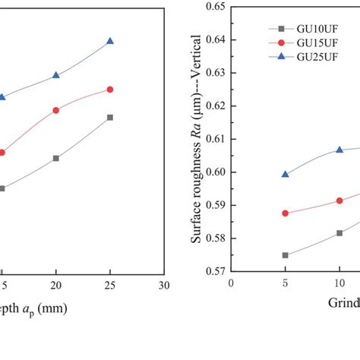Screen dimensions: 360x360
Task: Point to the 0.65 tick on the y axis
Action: pyautogui.click(x=214, y=7)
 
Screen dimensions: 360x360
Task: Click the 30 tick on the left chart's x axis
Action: pyautogui.click(x=164, y=286)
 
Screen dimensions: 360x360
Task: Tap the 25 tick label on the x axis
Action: pyautogui.click(x=110, y=286)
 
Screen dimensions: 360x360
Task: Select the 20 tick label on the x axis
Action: pyautogui.click(x=55, y=286)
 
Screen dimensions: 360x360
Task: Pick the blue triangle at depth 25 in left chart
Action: pyautogui.click(x=110, y=41)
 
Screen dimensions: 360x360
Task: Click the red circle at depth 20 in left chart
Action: pyautogui.click(x=55, y=110)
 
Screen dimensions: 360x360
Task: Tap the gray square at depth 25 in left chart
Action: pyautogui.click(x=110, y=118)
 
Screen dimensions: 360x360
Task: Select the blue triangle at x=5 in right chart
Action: pyautogui.click(x=286, y=174)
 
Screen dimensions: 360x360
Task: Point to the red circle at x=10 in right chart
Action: pyautogui.click(x=339, y=201)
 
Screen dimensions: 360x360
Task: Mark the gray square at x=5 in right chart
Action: pyautogui.click(x=286, y=255)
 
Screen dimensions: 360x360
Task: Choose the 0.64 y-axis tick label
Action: pyautogui.click(x=214, y=40)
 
